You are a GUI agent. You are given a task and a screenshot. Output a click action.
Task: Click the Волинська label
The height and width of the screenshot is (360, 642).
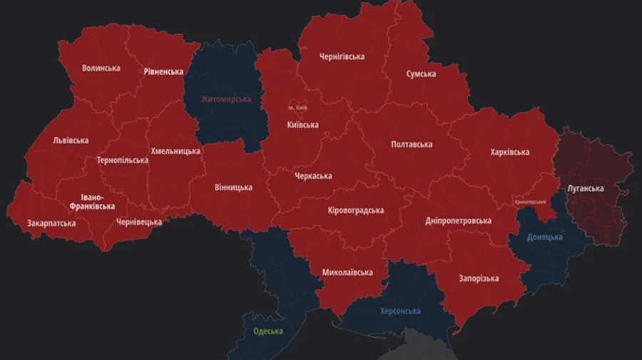pyautogui.click(x=101, y=68)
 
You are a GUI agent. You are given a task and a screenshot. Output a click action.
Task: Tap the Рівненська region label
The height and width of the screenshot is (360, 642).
pyautogui.click(x=163, y=71)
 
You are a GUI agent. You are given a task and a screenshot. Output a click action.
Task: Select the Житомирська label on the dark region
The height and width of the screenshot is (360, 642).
pyautogui.click(x=225, y=98)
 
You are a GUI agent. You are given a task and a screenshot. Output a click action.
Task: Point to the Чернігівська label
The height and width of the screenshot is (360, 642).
pyautogui.click(x=342, y=57)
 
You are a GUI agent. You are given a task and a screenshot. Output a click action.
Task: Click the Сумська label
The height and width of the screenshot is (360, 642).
pyautogui.click(x=422, y=73)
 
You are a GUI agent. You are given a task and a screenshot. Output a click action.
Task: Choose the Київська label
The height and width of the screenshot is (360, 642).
pyautogui.click(x=302, y=125)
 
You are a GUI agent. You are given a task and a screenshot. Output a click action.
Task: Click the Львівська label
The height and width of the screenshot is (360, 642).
pyautogui.click(x=71, y=140)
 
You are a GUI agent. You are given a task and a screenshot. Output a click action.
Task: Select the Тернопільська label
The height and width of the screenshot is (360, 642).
pyautogui.click(x=123, y=160)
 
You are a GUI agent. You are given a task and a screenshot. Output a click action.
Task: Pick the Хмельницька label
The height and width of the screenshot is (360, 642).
pyautogui.click(x=175, y=151)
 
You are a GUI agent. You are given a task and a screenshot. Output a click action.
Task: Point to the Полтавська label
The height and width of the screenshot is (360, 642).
pyautogui.click(x=412, y=145)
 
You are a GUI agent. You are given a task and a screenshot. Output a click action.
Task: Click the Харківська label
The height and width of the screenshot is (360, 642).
pyautogui.click(x=510, y=152)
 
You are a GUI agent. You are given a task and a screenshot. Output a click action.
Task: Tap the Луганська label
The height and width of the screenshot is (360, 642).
pyautogui.click(x=586, y=188)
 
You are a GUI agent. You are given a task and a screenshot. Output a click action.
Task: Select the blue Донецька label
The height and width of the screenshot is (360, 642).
pyautogui.click(x=546, y=237)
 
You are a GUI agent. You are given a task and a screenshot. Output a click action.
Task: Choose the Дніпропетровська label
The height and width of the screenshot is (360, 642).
pyautogui.click(x=458, y=220)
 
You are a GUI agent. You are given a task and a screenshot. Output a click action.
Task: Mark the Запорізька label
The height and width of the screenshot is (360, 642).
pyautogui.click(x=479, y=278)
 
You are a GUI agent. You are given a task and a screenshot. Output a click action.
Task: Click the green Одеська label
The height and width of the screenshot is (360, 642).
pyautogui.click(x=268, y=331)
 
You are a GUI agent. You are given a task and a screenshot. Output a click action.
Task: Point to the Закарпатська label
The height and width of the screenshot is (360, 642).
pyautogui.click(x=51, y=223)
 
